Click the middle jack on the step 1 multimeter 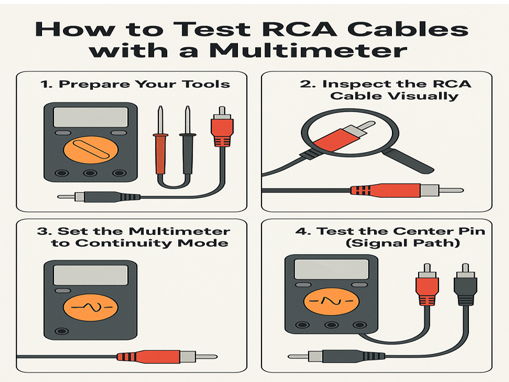(x=89, y=173)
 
